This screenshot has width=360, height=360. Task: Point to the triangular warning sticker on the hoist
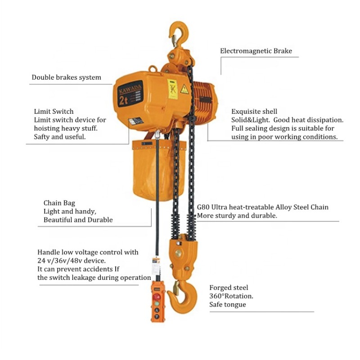[184, 89]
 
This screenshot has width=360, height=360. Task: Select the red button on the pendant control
[157, 297]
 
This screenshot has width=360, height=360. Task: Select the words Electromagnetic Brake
[256, 51]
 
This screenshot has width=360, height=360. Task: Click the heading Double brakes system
[66, 77]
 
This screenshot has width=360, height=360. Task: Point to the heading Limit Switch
[54, 111]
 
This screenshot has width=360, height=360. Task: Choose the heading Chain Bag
[60, 203]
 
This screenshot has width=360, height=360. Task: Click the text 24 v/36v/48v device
[72, 261]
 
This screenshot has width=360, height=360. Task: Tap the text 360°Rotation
[231, 296]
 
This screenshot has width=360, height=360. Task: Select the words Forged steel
[229, 288]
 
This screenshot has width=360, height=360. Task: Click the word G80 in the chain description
[203, 207]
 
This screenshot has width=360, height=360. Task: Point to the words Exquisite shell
[254, 111]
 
